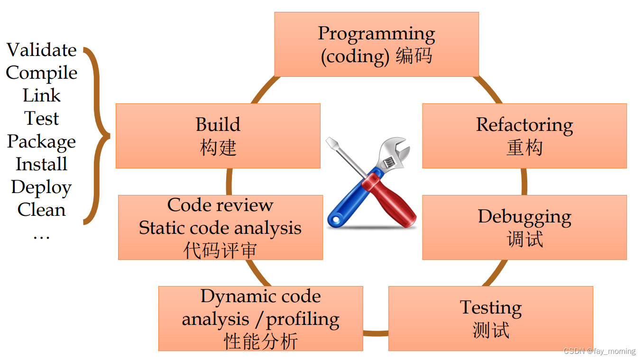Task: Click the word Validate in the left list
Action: pos(42,50)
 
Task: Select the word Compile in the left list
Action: pos(42,73)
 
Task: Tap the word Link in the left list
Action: pos(42,95)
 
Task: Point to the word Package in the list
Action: pos(42,141)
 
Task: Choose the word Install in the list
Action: pos(42,164)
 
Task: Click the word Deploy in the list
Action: pos(42,187)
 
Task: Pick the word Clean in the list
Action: pos(42,210)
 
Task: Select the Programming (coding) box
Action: pos(377,44)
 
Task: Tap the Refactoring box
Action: pos(524,136)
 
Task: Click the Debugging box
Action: pos(524,227)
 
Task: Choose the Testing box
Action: pos(491,318)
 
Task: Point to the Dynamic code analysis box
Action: pos(260,318)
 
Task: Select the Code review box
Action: pos(220,227)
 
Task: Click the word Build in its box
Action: pos(218,125)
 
